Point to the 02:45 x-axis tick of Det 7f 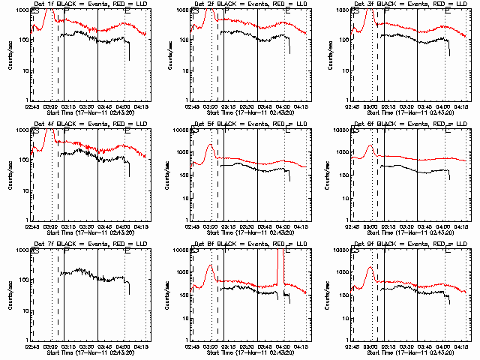click(32, 346)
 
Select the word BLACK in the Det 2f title click(227, 5)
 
